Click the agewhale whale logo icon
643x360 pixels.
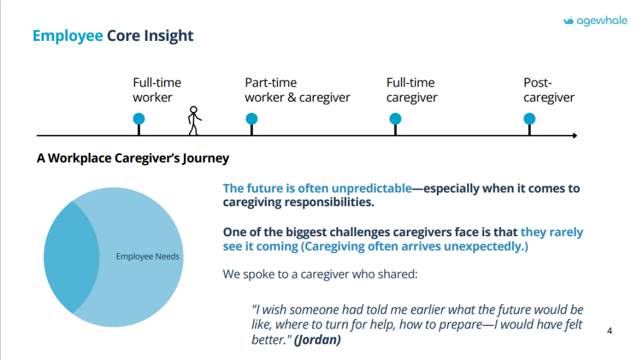click(x=568, y=21)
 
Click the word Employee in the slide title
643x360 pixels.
click(x=68, y=36)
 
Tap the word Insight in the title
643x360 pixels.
click(x=168, y=36)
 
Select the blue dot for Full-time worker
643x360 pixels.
click(x=139, y=119)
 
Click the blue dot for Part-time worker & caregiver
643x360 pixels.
click(x=251, y=119)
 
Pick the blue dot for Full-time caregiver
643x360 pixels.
click(x=396, y=119)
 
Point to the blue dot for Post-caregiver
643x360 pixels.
click(x=529, y=119)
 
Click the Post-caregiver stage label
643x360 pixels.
click(x=549, y=90)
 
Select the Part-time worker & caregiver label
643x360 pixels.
click(x=297, y=90)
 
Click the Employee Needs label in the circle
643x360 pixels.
click(x=148, y=256)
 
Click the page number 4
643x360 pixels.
click(x=609, y=331)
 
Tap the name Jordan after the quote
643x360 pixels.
click(x=318, y=340)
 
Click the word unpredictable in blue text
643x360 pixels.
click(x=372, y=188)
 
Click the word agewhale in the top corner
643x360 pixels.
click(x=602, y=21)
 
